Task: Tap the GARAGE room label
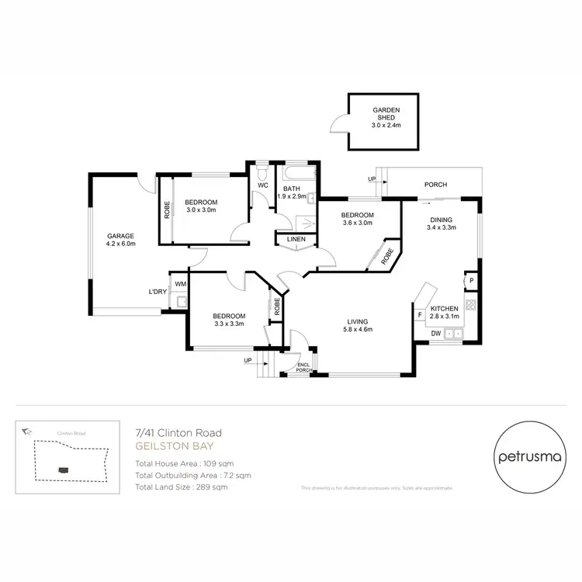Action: coord(121,240)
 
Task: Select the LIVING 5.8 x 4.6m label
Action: coord(358,325)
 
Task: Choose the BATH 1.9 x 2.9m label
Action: coord(292,192)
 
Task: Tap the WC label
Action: coord(262,185)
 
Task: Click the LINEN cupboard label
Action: coord(296,239)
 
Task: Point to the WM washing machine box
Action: coord(180,284)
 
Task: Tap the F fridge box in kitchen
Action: coord(419,314)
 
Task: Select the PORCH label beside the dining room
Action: coord(435,185)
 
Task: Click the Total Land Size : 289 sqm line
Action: coord(182,487)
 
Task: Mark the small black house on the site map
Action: coord(62,469)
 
